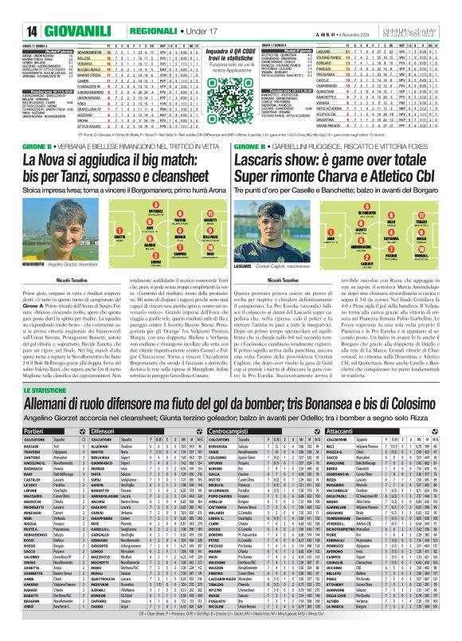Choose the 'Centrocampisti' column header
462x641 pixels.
[x=228, y=430]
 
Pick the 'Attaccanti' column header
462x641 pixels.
[x=343, y=430]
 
